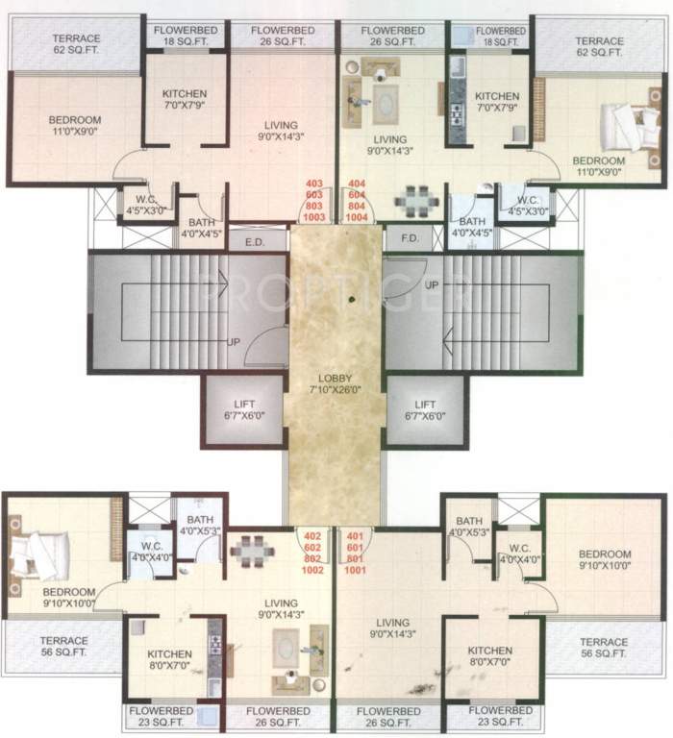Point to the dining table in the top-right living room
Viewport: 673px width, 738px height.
click(416, 200)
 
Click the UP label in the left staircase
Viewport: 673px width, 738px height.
click(233, 341)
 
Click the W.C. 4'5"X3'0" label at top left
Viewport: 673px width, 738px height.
click(141, 206)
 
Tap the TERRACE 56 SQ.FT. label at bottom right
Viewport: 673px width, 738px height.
click(605, 647)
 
